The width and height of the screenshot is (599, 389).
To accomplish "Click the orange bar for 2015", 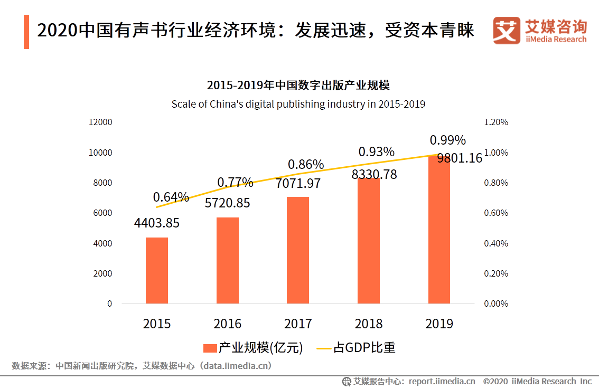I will (157, 270).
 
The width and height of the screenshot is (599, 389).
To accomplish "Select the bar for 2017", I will (298, 250).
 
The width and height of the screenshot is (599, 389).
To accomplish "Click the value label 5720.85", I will (227, 203).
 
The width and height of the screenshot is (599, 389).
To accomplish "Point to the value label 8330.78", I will (374, 174).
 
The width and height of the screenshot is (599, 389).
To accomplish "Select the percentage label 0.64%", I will (171, 197).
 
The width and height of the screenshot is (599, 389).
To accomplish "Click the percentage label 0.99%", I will (447, 140).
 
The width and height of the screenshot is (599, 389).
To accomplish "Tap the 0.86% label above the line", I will (306, 165).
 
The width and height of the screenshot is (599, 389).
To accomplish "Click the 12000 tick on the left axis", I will (100, 122).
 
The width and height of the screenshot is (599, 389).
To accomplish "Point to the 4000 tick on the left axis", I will (102, 243).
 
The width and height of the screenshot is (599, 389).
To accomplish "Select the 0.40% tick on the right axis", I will (495, 243).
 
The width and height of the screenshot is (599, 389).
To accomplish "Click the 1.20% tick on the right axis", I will (495, 122).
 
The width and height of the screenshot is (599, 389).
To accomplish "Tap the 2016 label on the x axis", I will (227, 324).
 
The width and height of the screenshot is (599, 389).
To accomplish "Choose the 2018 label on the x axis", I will (369, 324).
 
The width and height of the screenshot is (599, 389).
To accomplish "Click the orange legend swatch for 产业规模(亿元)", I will (210, 348).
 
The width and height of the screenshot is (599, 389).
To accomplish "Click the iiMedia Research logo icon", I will (506, 31).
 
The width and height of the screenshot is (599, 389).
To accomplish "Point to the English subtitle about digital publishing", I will (298, 104).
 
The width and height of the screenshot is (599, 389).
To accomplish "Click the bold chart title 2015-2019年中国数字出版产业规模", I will (298, 86).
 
